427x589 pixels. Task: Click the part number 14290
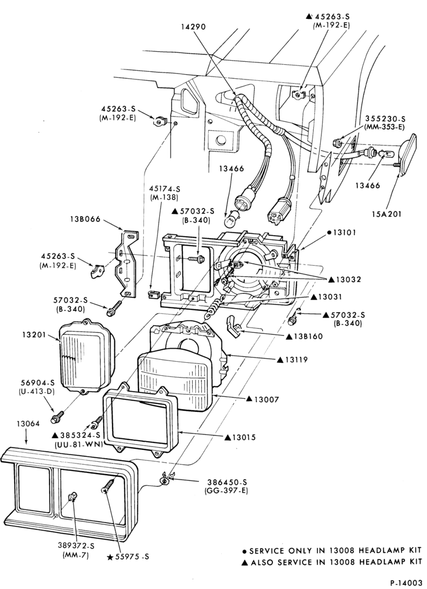[x=194, y=27]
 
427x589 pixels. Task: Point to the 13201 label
[x=31, y=335]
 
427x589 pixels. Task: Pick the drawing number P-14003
[x=406, y=583]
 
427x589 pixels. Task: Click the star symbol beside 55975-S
[x=110, y=557]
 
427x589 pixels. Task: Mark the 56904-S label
[x=38, y=383]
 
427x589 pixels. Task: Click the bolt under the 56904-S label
[x=58, y=416]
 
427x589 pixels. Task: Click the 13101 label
[x=344, y=233]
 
